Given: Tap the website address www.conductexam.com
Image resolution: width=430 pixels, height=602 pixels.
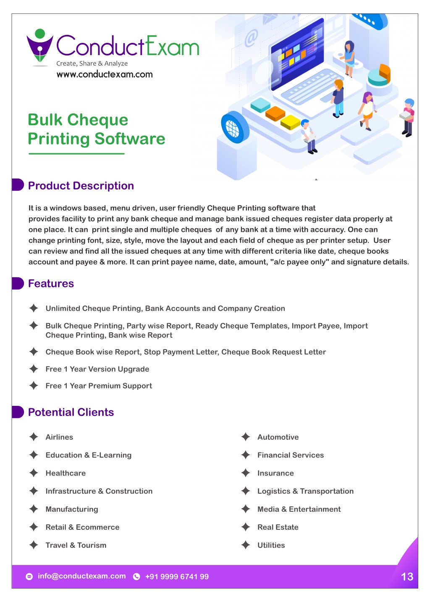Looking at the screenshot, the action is tap(105, 74).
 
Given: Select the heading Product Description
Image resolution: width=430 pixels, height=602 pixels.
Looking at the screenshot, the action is tap(81, 186).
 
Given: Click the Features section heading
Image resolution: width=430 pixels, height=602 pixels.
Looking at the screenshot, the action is tap(51, 284).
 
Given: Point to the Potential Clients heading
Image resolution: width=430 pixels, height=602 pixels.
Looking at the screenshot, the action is tap(71, 412).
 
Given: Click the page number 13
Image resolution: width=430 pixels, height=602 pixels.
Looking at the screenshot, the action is tap(407, 576).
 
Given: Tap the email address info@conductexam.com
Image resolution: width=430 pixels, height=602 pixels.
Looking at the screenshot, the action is tap(81, 576).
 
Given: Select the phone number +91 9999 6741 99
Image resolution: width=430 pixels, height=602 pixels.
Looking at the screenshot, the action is tap(177, 576).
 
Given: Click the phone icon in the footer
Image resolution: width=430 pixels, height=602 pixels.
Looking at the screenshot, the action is tap(136, 576).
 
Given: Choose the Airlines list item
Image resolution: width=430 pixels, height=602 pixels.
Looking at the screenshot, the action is tap(59, 437).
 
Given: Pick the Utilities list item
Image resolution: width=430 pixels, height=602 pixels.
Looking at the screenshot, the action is tap(271, 545).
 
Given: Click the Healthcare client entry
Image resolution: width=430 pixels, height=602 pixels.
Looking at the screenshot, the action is tap(66, 473).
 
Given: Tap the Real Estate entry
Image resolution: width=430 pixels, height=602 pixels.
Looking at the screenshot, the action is tap(278, 527).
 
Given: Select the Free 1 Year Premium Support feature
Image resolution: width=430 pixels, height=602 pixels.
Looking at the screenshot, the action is tap(99, 386).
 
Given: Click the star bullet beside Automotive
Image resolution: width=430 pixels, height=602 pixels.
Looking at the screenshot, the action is tap(246, 437).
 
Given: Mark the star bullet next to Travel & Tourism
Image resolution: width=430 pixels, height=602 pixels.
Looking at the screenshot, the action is tap(34, 545).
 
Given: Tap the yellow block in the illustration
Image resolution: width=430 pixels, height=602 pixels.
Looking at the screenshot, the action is tap(290, 122).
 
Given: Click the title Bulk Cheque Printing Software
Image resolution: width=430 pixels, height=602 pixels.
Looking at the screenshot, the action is tap(97, 129).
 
